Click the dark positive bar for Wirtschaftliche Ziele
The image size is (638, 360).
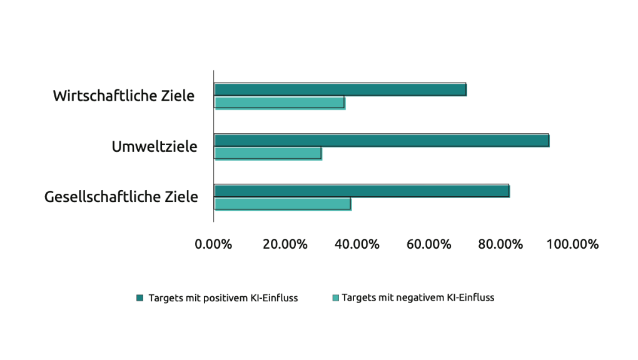click(x=340, y=89)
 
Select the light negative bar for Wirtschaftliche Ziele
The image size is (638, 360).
click(x=280, y=102)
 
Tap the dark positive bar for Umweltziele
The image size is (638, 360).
click(x=382, y=140)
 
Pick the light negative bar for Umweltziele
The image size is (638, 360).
click(x=268, y=153)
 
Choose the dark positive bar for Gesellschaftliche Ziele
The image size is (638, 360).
click(x=362, y=191)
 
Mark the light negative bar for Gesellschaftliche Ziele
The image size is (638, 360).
click(x=283, y=204)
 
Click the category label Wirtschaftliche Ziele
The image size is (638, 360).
click(x=124, y=96)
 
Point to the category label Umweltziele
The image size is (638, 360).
click(x=154, y=147)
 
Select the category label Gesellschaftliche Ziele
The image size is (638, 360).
click(x=121, y=197)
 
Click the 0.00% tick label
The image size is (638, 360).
click(x=214, y=244)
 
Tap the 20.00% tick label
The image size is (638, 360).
click(x=285, y=244)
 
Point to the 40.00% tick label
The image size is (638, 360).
click(x=357, y=244)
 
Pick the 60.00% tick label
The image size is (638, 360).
click(x=429, y=244)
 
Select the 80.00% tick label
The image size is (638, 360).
click(x=500, y=244)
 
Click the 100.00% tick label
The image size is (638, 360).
click(x=573, y=244)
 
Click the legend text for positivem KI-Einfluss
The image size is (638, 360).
click(x=223, y=298)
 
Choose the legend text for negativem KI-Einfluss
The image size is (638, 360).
click(x=418, y=297)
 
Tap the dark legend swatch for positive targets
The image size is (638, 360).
click(x=140, y=297)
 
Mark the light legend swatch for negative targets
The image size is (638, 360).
click(x=335, y=297)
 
